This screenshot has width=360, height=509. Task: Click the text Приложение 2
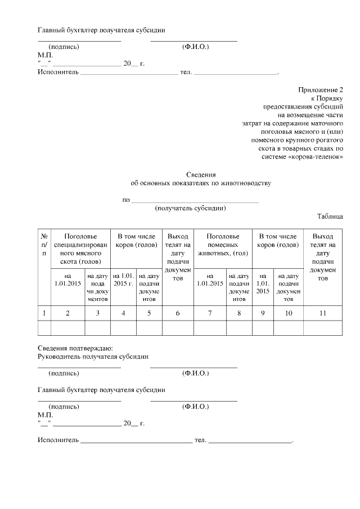coord(320,89)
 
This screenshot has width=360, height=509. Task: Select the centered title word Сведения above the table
coord(201,175)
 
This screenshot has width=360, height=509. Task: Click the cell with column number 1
coord(44,313)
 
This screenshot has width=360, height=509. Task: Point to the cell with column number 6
coord(177,313)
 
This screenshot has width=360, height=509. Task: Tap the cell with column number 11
coord(323,313)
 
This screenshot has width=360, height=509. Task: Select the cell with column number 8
coord(239,313)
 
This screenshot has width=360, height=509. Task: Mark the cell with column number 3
coord(97,313)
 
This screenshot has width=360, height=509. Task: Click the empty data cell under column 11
coord(323,328)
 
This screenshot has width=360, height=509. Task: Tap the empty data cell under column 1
coord(44,328)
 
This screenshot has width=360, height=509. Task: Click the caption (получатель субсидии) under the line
coord(191,208)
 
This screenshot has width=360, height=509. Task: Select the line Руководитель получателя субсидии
coord(93,357)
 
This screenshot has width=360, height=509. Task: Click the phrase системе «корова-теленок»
coord(303,156)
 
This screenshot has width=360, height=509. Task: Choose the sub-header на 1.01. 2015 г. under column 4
coord(123,280)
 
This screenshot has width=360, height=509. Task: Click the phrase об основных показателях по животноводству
coord(201,183)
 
